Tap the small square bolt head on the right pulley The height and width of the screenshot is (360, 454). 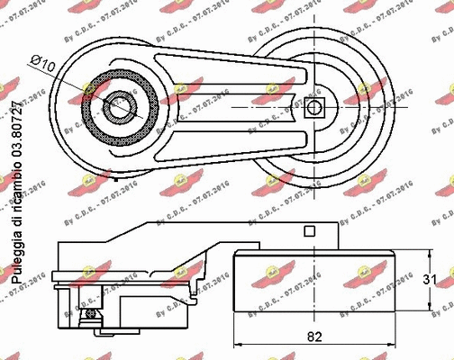313,108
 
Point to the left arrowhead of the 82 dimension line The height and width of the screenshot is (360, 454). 237,344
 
